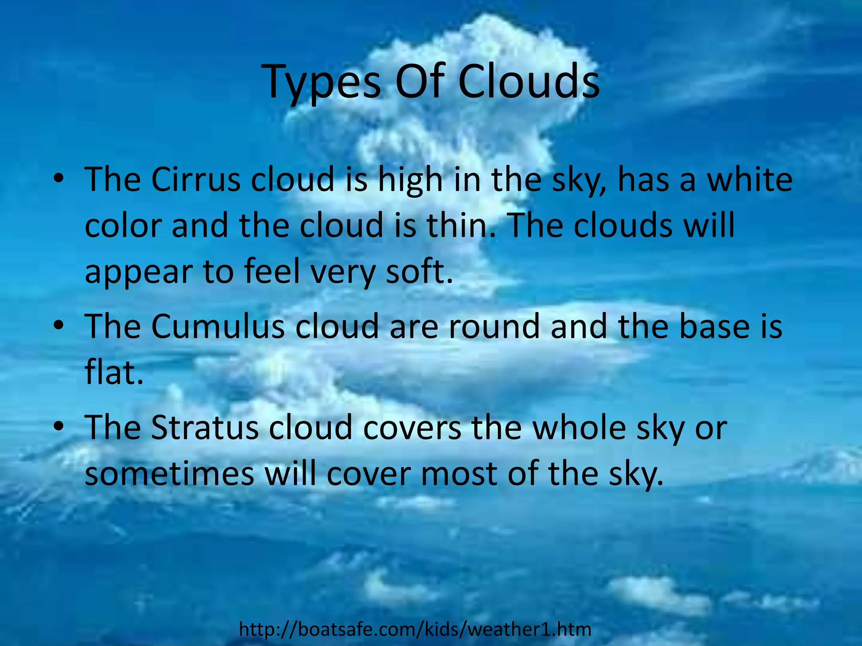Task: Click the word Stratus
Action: click(x=205, y=428)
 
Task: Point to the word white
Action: click(x=749, y=180)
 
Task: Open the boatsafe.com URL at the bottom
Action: click(x=415, y=630)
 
